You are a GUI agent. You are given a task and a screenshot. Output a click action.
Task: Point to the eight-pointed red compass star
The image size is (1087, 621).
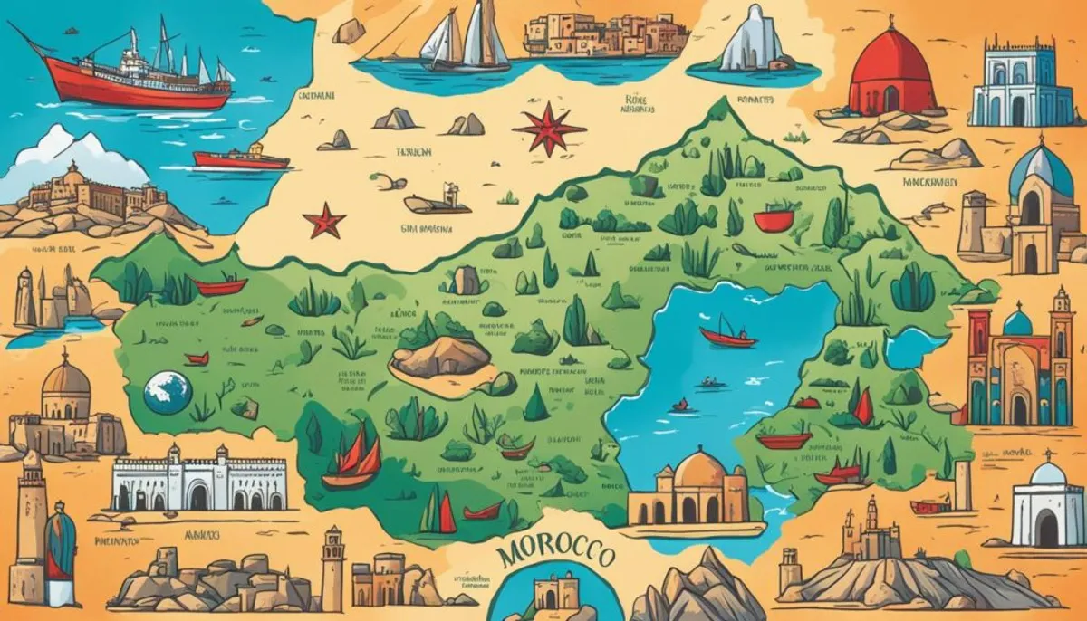[548, 129]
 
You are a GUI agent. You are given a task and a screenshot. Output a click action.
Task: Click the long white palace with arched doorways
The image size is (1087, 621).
[198, 480]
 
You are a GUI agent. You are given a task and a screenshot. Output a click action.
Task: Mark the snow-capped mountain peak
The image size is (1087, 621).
[63, 154]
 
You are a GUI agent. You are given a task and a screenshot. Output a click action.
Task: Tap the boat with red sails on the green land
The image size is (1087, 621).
[352, 457]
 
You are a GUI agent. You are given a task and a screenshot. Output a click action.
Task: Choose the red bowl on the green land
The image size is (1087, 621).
[774, 220]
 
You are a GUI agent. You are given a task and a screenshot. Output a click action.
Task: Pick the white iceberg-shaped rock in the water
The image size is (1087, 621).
[748, 41]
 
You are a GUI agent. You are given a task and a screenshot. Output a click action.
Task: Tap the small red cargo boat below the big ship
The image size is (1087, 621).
[241, 159]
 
